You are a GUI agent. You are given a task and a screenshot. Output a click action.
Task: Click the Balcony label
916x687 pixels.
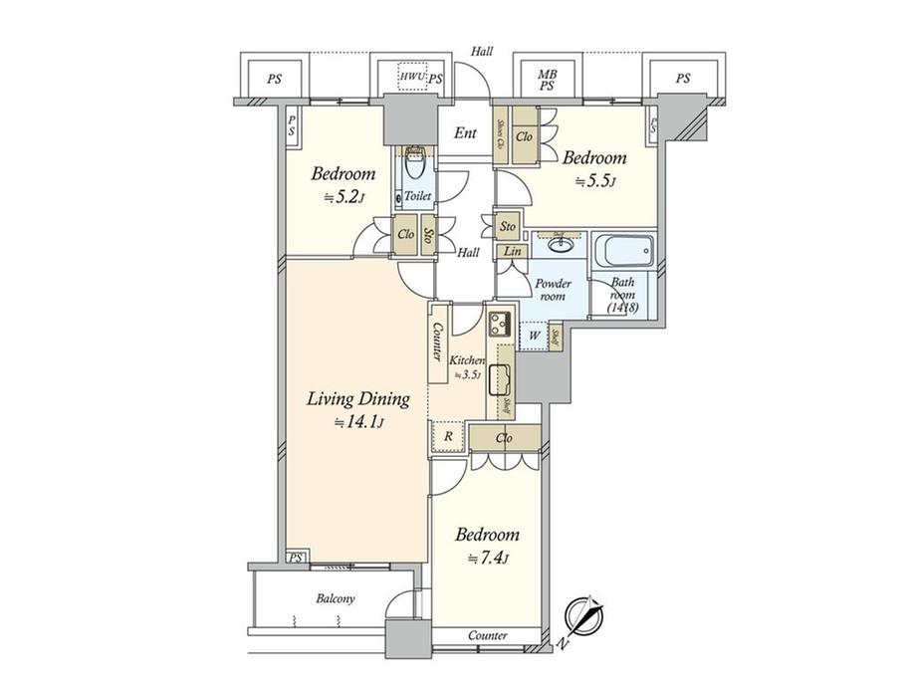(336, 598)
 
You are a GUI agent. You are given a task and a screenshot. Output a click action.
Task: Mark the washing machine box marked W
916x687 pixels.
(534, 336)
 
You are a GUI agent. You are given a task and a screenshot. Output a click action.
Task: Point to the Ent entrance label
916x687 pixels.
(465, 132)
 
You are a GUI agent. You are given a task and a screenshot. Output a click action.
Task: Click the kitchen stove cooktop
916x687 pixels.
(499, 324)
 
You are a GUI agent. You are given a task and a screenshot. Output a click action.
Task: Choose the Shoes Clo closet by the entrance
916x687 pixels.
(500, 131)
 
